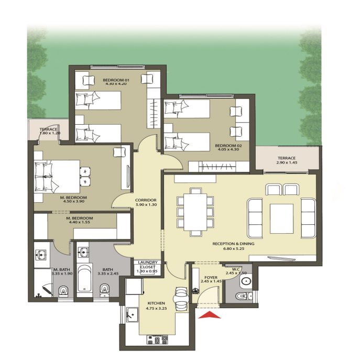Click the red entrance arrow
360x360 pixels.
pyautogui.click(x=210, y=315)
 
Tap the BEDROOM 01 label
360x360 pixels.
pyautogui.click(x=116, y=80)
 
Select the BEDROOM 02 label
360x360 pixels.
pyautogui.click(x=228, y=146)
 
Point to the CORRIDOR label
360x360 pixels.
pyautogui.click(x=146, y=200)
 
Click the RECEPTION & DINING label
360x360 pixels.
pyautogui.click(x=233, y=244)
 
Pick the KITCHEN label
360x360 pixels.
pyautogui.click(x=156, y=303)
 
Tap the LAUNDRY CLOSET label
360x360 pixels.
pyautogui.click(x=148, y=265)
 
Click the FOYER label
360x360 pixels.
pyautogui.click(x=211, y=277)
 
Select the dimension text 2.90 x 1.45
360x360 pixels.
pyautogui.click(x=287, y=162)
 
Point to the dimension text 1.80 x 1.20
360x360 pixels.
pyautogui.click(x=50, y=133)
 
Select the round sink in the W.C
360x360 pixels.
pyautogui.click(x=246, y=281)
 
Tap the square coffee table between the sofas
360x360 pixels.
pyautogui.click(x=281, y=219)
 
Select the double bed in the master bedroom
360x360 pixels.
pyautogui.click(x=57, y=176)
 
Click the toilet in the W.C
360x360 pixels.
pyautogui.click(x=241, y=296)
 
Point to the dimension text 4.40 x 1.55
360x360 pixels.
pyautogui.click(x=80, y=222)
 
